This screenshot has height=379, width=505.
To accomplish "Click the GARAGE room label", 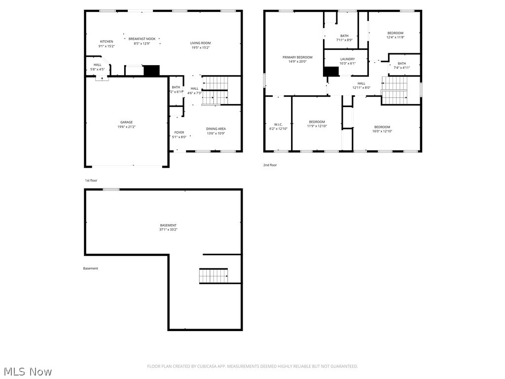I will tap(126, 122).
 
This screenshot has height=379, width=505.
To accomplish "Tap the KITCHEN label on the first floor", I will tap(107, 41).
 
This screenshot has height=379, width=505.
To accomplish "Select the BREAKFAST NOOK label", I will tap(142, 38).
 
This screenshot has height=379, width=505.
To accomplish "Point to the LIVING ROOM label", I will tap(200, 43).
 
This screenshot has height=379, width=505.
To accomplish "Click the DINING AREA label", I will tap(216, 129).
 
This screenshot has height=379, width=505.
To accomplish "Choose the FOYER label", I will tap(179, 132).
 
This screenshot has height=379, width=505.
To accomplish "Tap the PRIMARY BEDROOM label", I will tap(297, 57).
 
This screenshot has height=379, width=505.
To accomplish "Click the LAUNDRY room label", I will tap(347, 59).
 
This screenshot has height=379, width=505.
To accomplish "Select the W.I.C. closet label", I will tap(278, 124).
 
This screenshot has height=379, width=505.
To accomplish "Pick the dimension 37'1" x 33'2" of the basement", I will tap(168, 229).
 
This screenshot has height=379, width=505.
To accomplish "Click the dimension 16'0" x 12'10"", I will tap(382, 131).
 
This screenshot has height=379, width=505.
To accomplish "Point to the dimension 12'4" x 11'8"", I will tap(395, 38).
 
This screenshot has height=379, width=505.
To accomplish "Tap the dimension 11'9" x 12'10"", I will tap(317, 126).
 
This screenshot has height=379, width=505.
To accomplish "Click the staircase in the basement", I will tap(214, 275).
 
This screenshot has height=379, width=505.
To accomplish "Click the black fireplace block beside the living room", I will tap(152, 71).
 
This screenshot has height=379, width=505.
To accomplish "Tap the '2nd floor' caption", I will tap(270, 165).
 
